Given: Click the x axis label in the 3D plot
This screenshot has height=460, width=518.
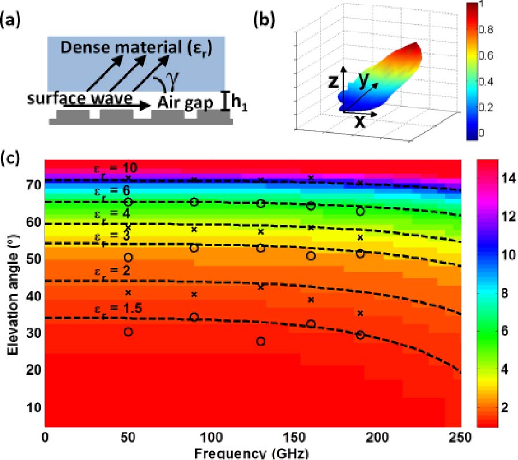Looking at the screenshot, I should tap(360, 121).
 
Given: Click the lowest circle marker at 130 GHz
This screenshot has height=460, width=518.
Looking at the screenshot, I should tap(261, 341).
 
